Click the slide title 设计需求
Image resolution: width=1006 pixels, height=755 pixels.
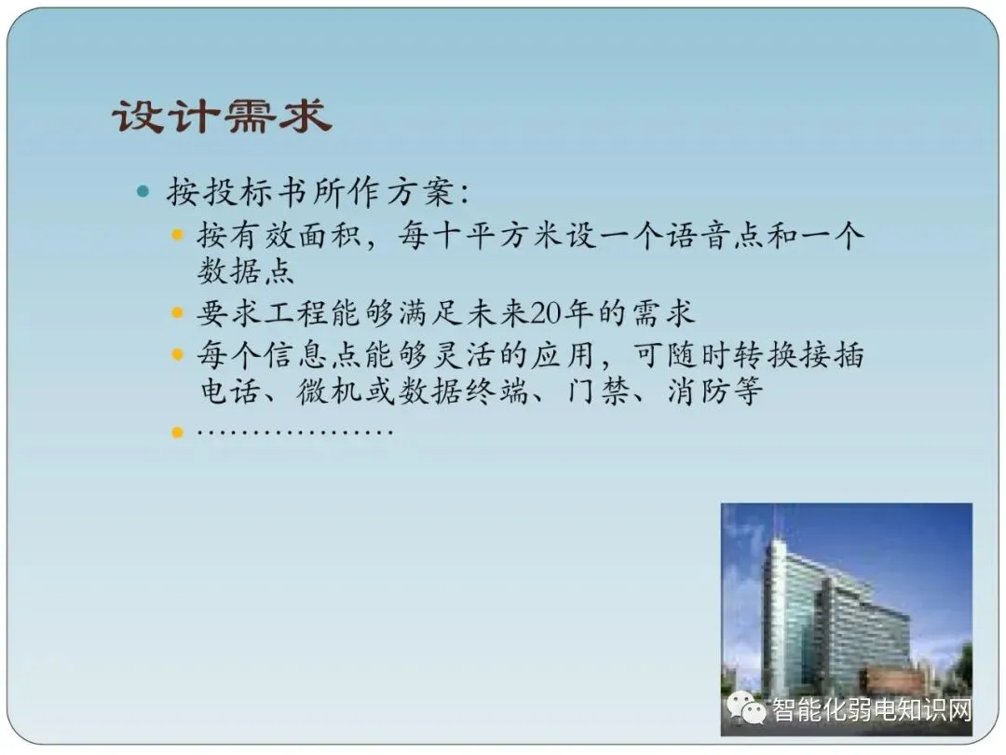222,117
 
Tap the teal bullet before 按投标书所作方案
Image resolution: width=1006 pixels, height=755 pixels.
143,191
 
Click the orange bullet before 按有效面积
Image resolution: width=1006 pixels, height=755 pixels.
178,235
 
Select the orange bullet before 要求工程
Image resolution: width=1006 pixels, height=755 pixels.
178,313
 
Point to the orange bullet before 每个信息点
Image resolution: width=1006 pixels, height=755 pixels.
178,354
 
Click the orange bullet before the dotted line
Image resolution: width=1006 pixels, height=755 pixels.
178,432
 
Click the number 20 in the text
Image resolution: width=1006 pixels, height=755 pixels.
545,313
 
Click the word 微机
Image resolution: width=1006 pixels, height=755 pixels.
329,391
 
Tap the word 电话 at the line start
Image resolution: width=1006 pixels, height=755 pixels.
230,391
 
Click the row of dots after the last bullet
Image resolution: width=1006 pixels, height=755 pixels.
295,432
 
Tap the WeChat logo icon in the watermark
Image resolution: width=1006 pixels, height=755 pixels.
746,708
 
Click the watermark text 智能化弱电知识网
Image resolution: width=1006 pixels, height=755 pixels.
872,709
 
